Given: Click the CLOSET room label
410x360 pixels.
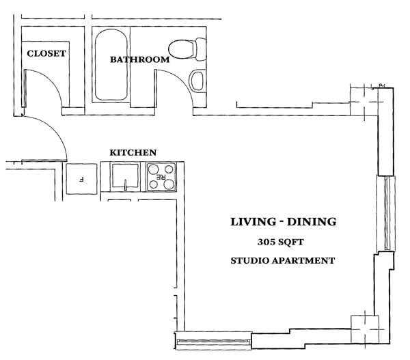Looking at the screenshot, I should (46, 53).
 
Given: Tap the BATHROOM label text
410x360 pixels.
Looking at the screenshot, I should (140, 59).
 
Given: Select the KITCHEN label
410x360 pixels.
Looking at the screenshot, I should (133, 152).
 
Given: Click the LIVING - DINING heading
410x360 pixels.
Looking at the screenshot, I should (283, 221).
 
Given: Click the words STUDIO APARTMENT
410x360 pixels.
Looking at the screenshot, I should (283, 260).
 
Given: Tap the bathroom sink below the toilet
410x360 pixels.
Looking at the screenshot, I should (197, 81).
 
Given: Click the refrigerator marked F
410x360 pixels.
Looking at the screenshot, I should (81, 178).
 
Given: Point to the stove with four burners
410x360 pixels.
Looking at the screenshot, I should (163, 177).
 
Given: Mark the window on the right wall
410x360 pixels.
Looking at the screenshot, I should (387, 213).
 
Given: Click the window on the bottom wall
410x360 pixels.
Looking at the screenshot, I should (214, 340).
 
